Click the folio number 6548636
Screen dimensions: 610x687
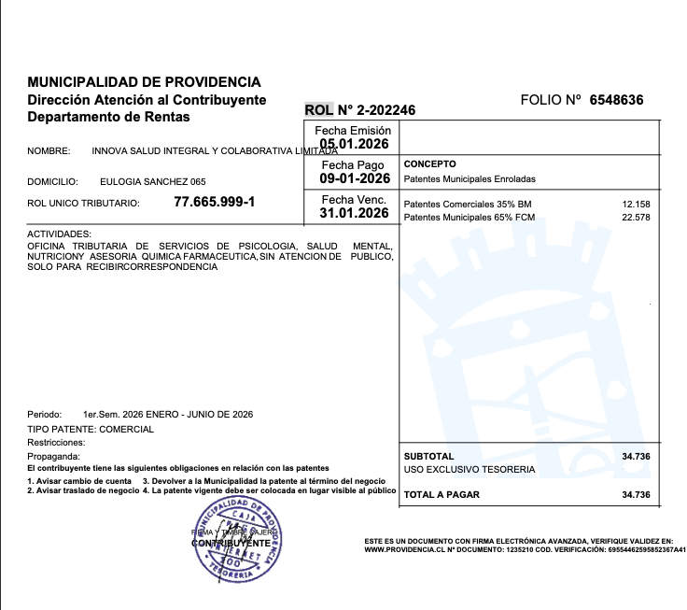tap(616, 100)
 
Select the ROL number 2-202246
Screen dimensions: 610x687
tap(375, 110)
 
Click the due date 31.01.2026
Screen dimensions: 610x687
tap(354, 213)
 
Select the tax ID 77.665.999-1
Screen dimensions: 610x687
tap(214, 202)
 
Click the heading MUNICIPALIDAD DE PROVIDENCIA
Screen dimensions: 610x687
tap(145, 82)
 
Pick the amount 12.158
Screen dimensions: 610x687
tap(636, 204)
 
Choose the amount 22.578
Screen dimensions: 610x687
tap(636, 218)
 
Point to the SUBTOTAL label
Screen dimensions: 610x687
tap(428, 455)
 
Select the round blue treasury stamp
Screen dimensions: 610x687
tap(237, 542)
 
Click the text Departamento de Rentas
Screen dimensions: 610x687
tap(108, 117)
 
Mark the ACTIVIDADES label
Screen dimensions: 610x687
tap(59, 234)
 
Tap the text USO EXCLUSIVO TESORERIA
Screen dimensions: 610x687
tap(470, 469)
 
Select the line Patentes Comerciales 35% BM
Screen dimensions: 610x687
tap(468, 204)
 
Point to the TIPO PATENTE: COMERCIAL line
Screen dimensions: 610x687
tap(91, 429)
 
